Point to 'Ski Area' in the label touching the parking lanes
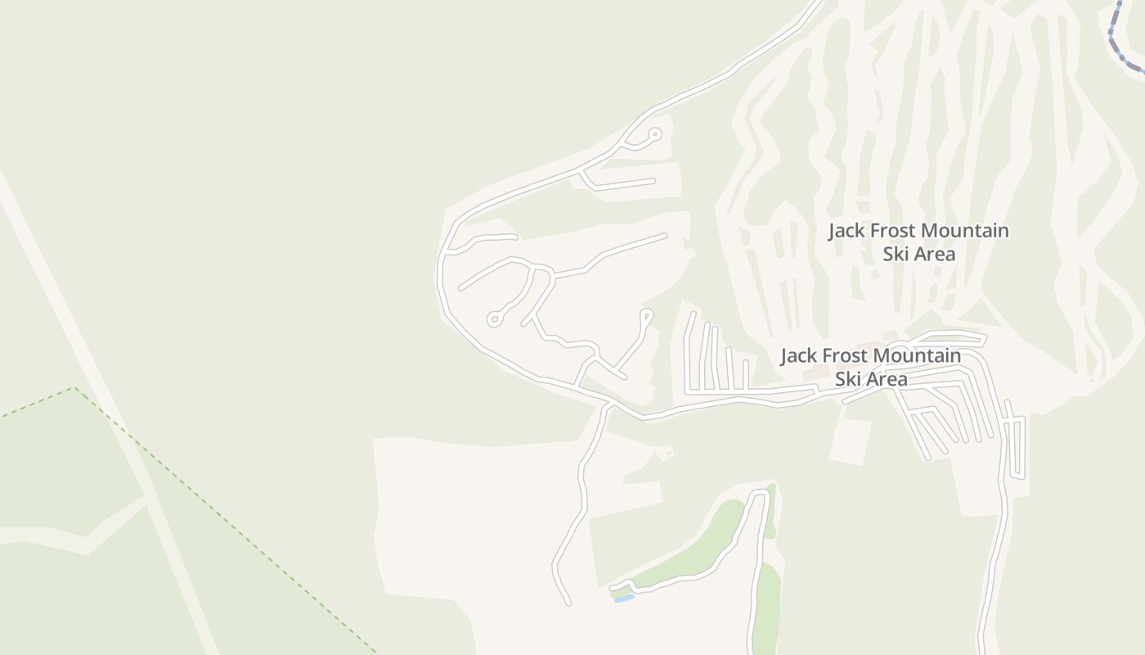click(x=871, y=379)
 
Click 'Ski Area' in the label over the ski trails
click(x=918, y=254)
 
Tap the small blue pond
click(x=624, y=599)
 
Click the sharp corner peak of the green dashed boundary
click(x=75, y=388)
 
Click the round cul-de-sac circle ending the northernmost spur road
click(x=654, y=133)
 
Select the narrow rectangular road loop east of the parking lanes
click(x=1017, y=447)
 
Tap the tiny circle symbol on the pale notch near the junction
click(x=669, y=451)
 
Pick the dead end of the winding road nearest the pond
click(x=568, y=604)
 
